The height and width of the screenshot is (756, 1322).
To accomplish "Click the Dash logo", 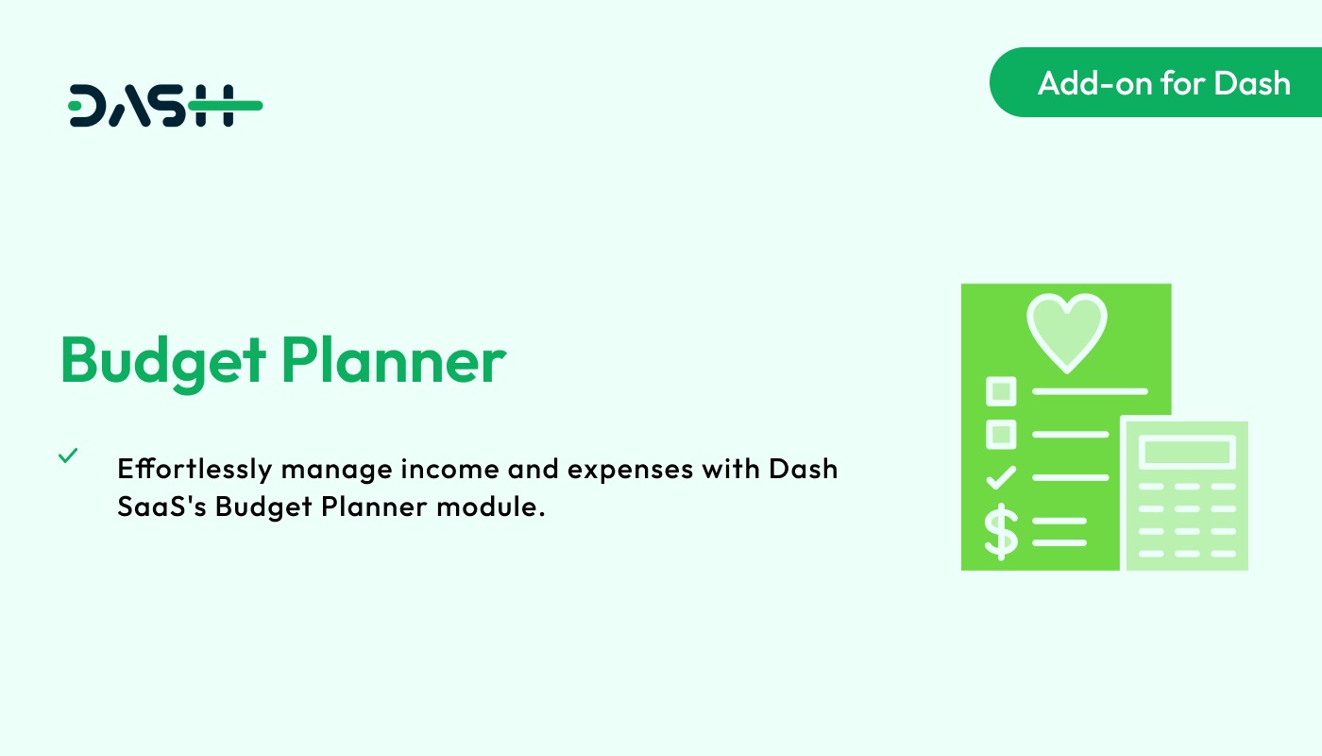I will pyautogui.click(x=165, y=106).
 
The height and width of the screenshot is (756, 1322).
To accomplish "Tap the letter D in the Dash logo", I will pyautogui.click(x=89, y=106).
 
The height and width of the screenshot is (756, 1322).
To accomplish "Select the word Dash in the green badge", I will pyautogui.click(x=1252, y=83).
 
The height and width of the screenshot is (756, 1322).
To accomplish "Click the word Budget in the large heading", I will pyautogui.click(x=161, y=360).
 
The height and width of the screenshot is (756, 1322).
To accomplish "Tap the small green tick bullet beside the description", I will pyautogui.click(x=68, y=455).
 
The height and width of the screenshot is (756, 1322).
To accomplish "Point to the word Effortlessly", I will pyautogui.click(x=194, y=469).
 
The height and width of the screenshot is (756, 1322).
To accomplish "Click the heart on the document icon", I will pyautogui.click(x=1066, y=330).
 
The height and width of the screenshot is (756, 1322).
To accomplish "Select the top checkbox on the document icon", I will pyautogui.click(x=1000, y=390).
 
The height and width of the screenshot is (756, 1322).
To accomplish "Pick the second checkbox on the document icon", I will pyautogui.click(x=1000, y=434).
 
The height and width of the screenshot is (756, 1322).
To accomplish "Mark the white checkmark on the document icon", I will pyautogui.click(x=1001, y=477).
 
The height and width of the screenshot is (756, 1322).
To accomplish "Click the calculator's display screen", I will pyautogui.click(x=1187, y=452).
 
